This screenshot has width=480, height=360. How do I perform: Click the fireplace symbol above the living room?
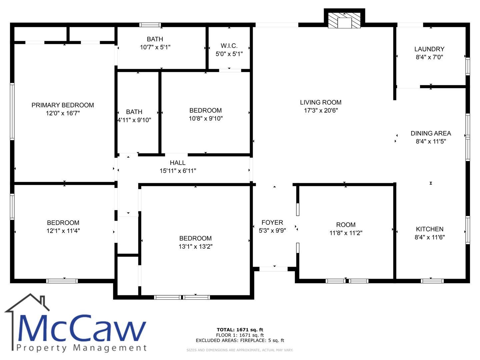pyautogui.click(x=344, y=20)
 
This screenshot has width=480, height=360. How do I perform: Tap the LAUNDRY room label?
pyautogui.click(x=429, y=49)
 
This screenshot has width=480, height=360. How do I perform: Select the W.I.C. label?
pyautogui.click(x=229, y=46)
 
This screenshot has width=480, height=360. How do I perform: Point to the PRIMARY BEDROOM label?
pyautogui.click(x=63, y=105)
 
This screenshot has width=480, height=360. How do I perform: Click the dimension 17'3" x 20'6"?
pyautogui.click(x=321, y=110)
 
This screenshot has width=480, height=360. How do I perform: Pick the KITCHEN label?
pyautogui.click(x=429, y=229)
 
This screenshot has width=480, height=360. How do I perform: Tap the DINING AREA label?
pyautogui.click(x=431, y=133)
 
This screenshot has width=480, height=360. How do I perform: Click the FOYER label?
pyautogui.click(x=272, y=223)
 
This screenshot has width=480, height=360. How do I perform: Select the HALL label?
pyautogui.click(x=178, y=163)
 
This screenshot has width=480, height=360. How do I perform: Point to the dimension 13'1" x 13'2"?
pyautogui.click(x=195, y=247)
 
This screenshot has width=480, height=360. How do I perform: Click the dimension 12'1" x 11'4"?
pyautogui.click(x=63, y=231)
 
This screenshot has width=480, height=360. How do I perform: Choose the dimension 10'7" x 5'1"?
pyautogui.click(x=155, y=47)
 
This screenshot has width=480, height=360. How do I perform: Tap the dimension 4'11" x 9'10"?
pyautogui.click(x=134, y=120)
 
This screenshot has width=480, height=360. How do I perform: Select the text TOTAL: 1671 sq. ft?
pyautogui.click(x=240, y=330)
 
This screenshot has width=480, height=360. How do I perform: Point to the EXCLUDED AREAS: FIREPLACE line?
pyautogui.click(x=240, y=340)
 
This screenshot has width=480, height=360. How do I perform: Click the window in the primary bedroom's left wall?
pyautogui.click(x=12, y=111)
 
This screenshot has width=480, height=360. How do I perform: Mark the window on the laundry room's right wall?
pyautogui.click(x=468, y=66)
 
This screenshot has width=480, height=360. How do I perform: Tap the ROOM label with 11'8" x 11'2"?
pyautogui.click(x=346, y=225)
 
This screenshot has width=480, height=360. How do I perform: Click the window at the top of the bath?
pyautogui.click(x=150, y=25)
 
